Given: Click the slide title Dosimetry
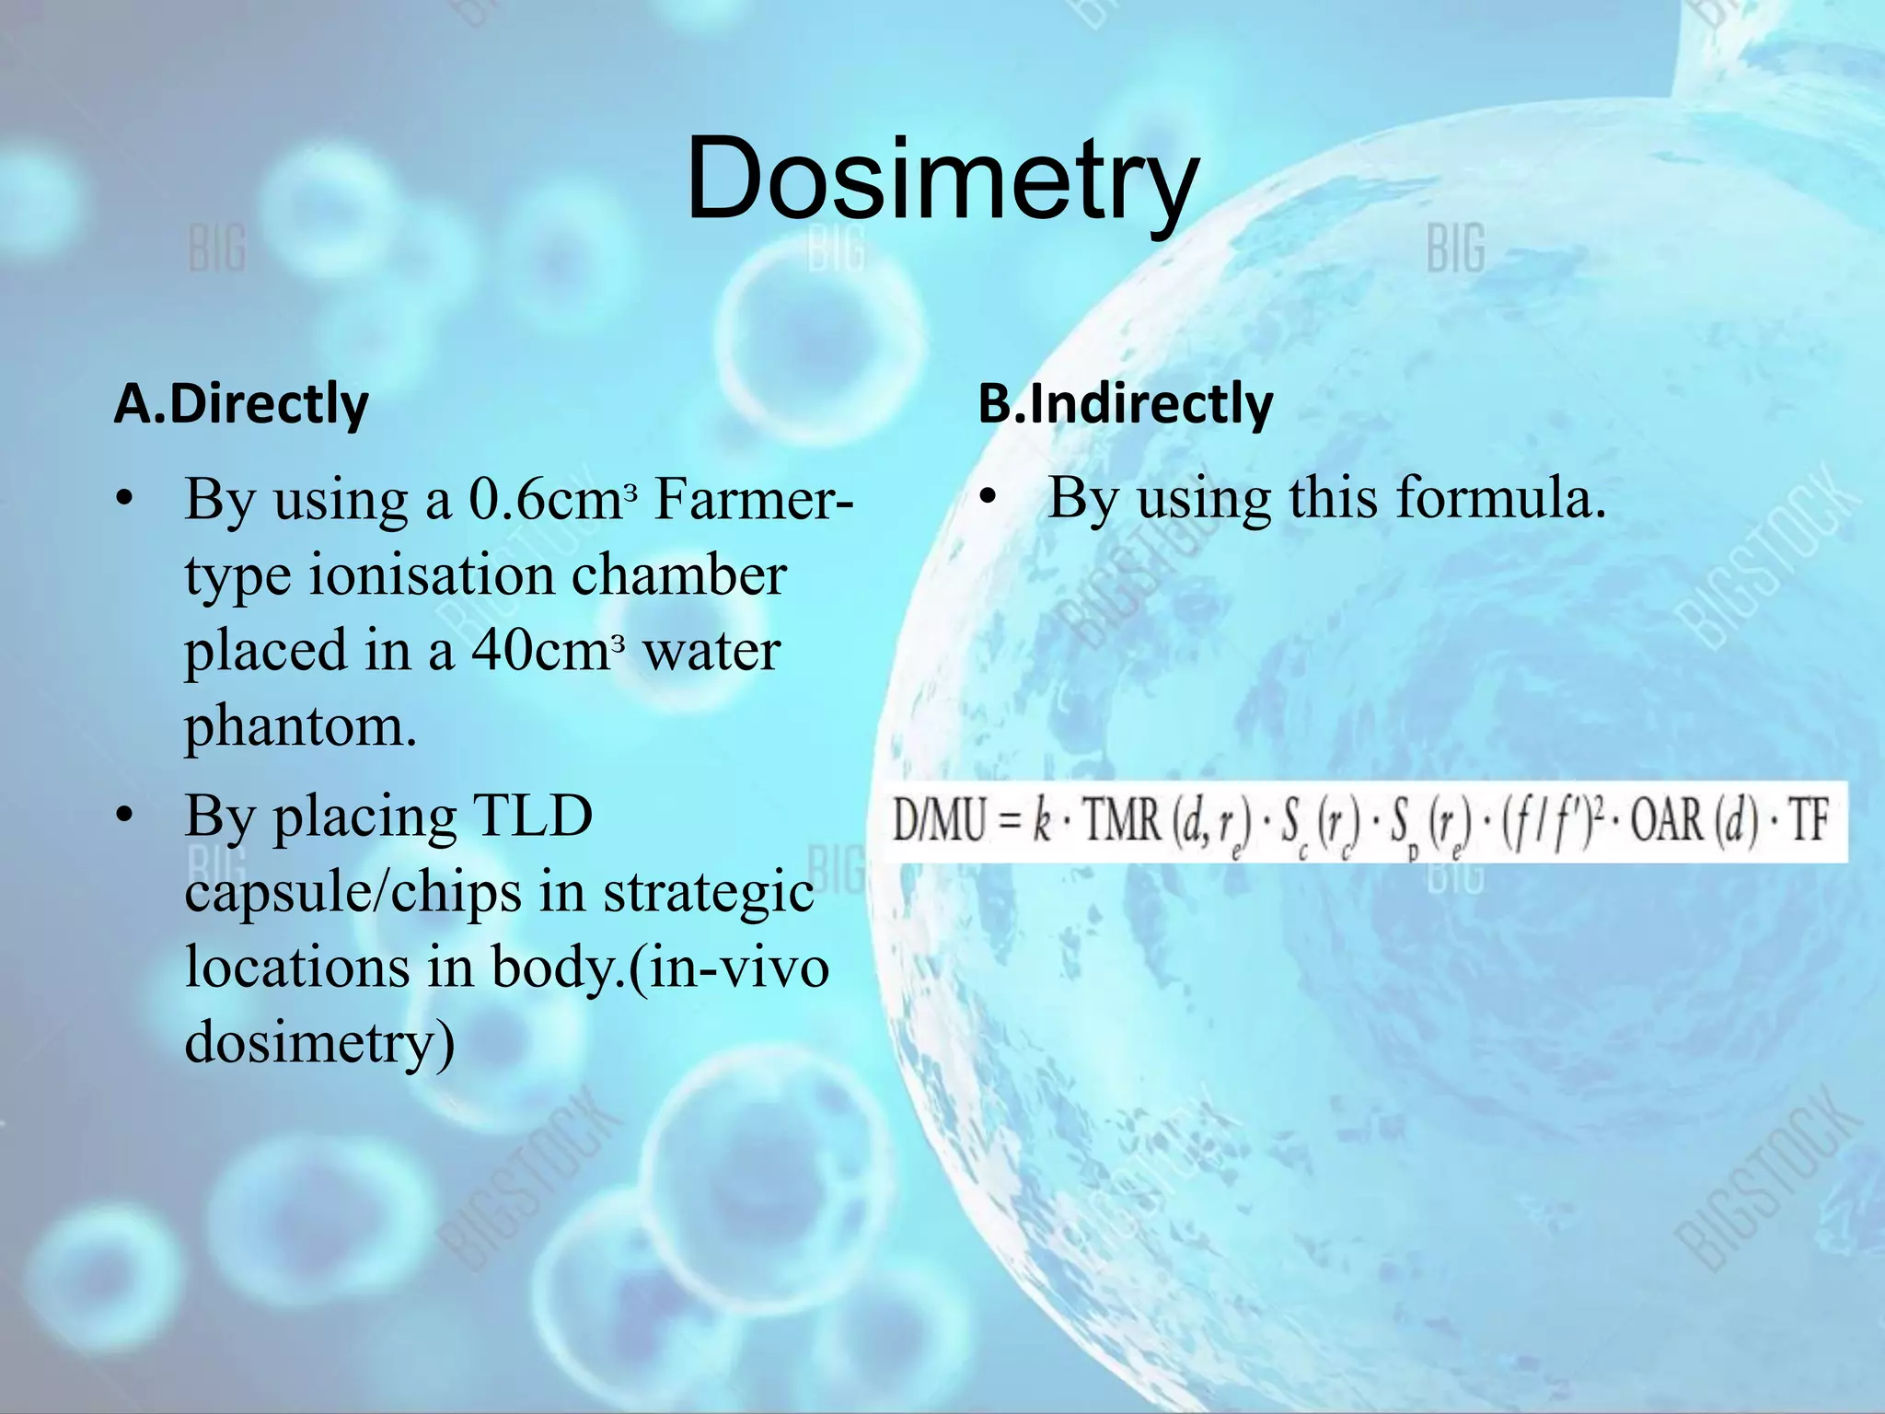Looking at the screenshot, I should click(942, 180).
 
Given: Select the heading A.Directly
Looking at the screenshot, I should click(241, 404).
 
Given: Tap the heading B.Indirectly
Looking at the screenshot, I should click(1125, 404).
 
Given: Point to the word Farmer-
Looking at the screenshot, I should click(753, 500).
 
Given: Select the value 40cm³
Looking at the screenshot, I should click(549, 651).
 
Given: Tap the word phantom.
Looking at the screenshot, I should click(301, 727).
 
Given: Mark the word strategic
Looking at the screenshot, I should click(708, 892).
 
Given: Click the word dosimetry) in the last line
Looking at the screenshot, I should click(319, 1043).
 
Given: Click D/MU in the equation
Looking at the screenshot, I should click(939, 818).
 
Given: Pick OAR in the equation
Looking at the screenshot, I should click(1668, 818).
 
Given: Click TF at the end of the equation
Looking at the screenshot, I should click(1808, 818).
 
